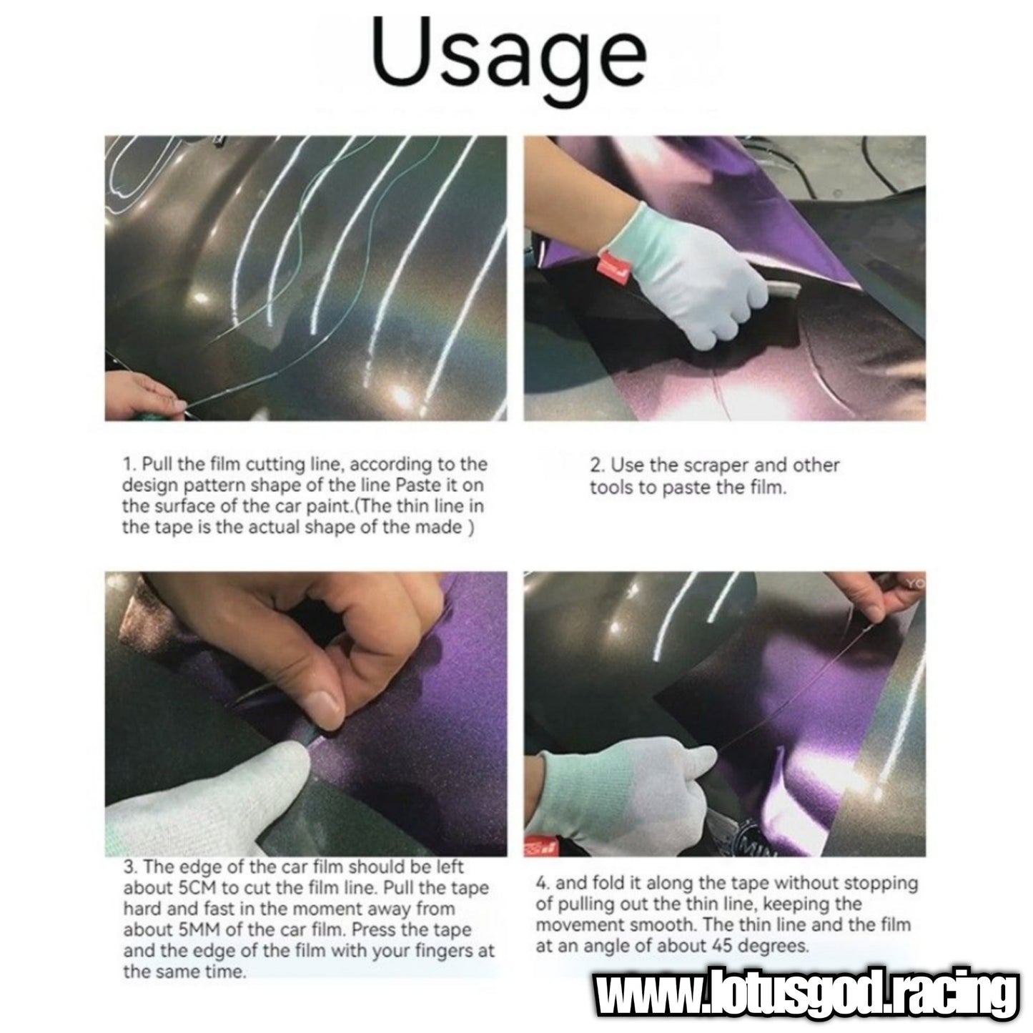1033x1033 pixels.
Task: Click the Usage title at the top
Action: [509, 59]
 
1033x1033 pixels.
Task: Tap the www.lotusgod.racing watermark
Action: [807, 996]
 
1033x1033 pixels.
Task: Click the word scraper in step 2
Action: [713, 465]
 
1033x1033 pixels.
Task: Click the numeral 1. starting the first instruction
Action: [129, 464]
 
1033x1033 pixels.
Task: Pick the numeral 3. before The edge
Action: [130, 867]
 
